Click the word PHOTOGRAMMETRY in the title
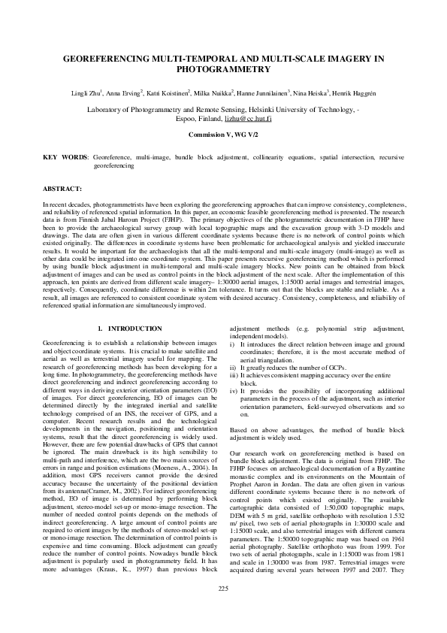tap(223, 68)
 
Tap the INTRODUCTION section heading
tap(134, 329)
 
